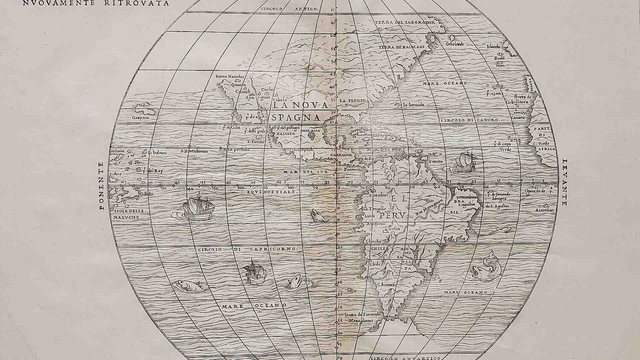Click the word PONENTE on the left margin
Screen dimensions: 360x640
101,186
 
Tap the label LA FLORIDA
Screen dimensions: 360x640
353,100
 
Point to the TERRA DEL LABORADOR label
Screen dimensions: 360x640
405,22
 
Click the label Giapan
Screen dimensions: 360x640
140,118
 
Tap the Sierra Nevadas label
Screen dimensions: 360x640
230,76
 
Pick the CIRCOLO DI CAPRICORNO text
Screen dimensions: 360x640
247,249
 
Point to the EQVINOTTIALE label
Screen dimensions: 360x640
271,192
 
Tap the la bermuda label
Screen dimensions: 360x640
413,105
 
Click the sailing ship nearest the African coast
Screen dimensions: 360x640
466,162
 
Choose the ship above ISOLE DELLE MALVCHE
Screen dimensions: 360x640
199,207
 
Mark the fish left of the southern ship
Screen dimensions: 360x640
188,285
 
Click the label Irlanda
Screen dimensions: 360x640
494,47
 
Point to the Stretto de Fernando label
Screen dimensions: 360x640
362,314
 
